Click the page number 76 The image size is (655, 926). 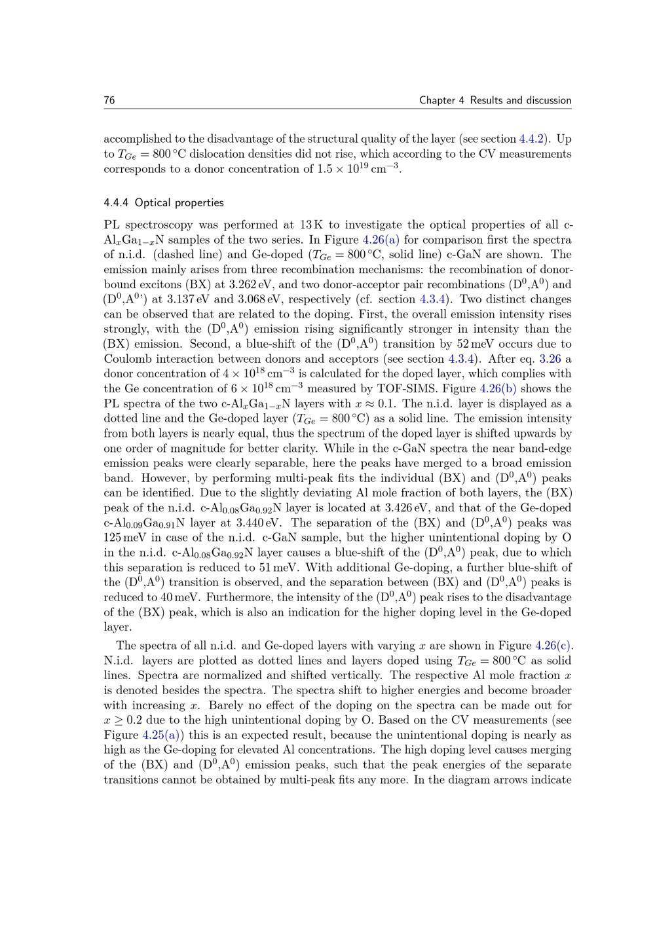109,100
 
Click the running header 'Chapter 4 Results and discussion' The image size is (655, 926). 495,100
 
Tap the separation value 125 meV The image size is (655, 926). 124,538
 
